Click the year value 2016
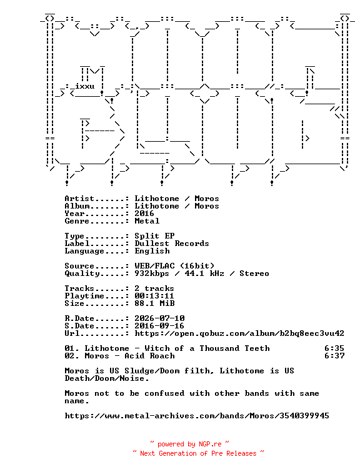144,214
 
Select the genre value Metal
147,221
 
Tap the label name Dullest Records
171,243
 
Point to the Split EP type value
154,236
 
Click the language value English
152,251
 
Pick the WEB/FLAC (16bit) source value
174,266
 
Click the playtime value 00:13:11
154,296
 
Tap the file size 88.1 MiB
154,303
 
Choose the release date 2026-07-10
159,318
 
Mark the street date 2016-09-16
159,326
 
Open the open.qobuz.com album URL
239,333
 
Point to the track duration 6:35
334,348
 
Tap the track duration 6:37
334,356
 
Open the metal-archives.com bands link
197,416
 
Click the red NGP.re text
210,444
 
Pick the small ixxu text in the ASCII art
84,86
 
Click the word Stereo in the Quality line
254,273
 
